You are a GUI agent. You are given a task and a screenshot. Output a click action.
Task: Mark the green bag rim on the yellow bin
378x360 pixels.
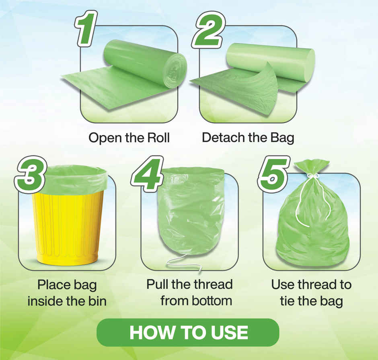tap(75, 179)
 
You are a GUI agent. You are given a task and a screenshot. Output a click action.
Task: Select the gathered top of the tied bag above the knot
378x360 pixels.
tap(311, 166)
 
